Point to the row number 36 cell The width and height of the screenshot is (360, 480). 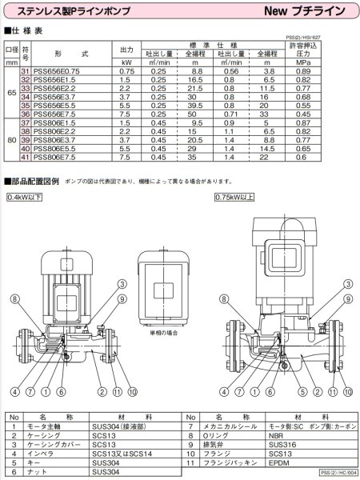[25, 114]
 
